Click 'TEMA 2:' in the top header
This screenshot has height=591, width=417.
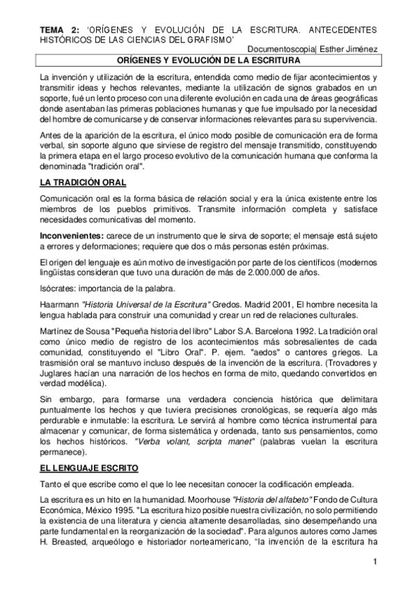[58, 30]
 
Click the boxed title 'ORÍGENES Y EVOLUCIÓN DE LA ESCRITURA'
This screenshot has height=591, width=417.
[208, 61]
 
